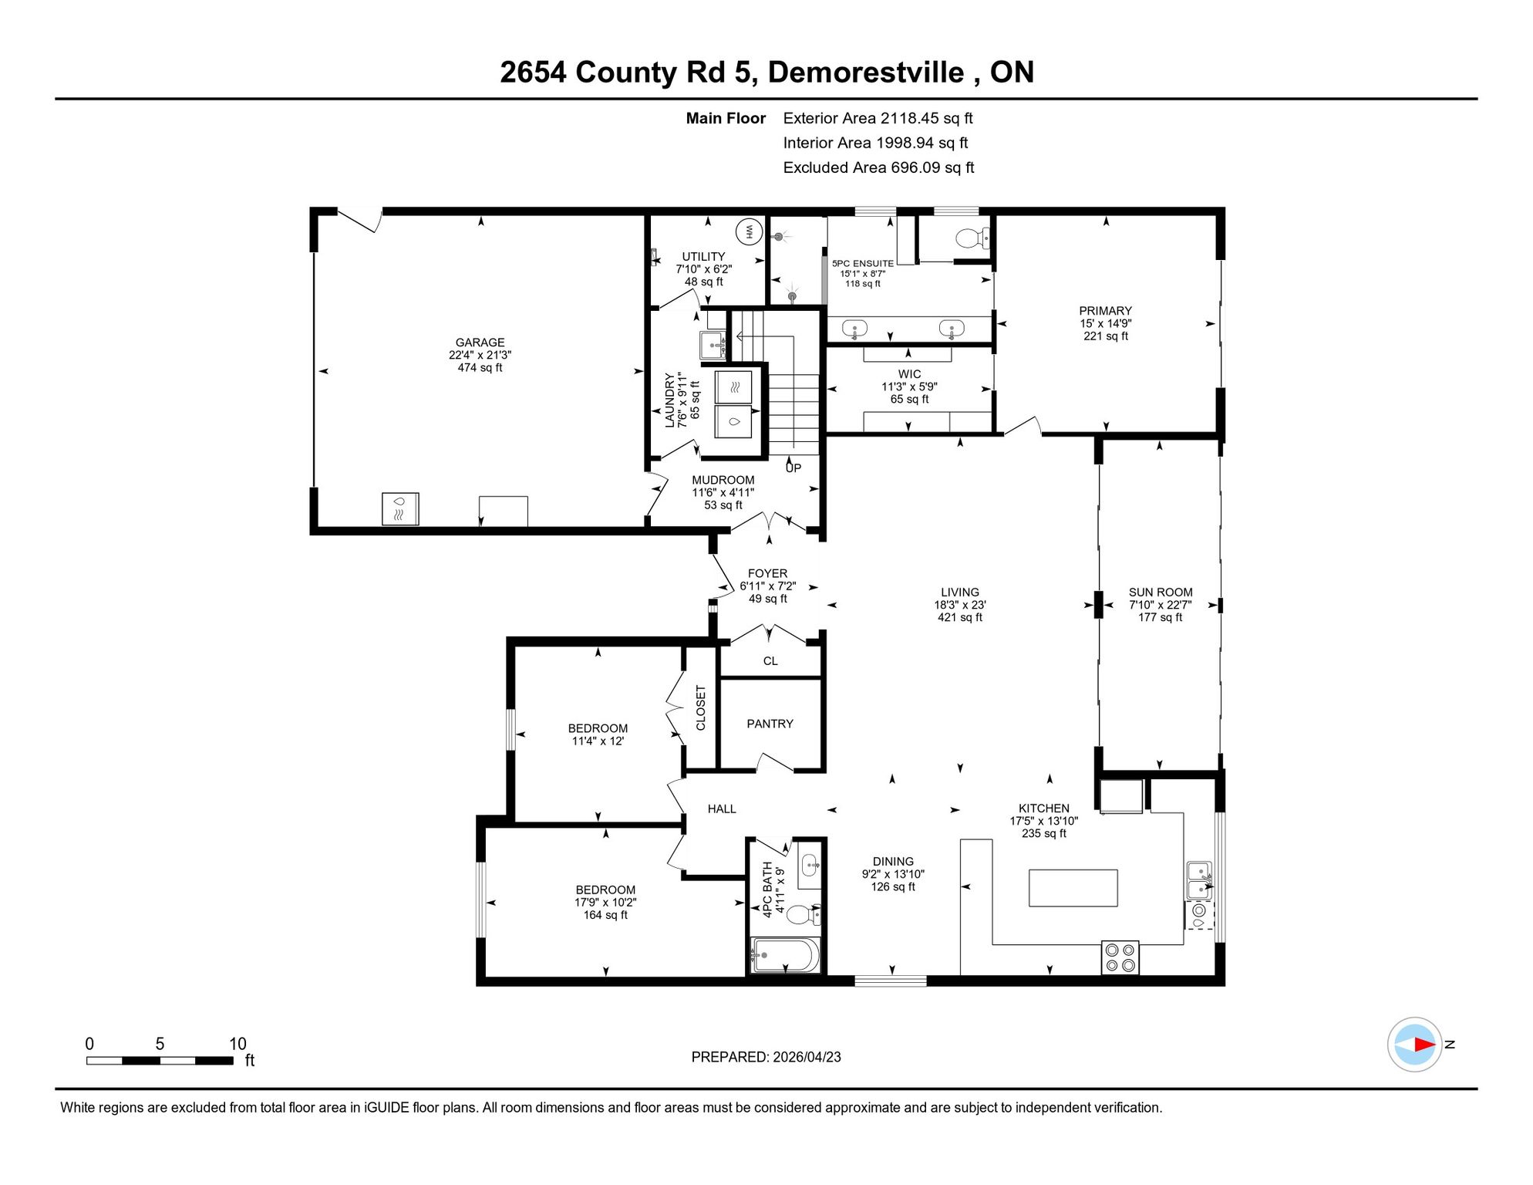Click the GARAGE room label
[x=480, y=343]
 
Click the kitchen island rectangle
[x=1073, y=887]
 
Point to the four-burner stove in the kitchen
[x=1120, y=957]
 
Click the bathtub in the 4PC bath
[x=785, y=955]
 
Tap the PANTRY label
[x=770, y=724]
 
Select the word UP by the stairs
[x=793, y=468]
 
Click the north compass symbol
[x=1415, y=1045]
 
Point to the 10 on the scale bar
[x=238, y=1044]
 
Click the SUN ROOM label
[x=1161, y=592]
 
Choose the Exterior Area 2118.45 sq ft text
[x=878, y=118]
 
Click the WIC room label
[x=909, y=374]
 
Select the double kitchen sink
[x=1199, y=880]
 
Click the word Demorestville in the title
[x=866, y=72]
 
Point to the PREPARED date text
[x=766, y=1057]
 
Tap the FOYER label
[x=767, y=573]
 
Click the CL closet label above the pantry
[x=770, y=661]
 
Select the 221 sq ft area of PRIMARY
[x=1106, y=336]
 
